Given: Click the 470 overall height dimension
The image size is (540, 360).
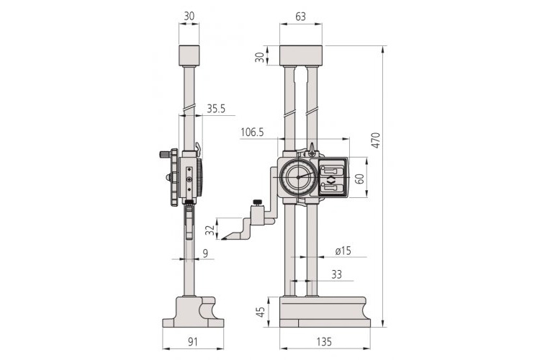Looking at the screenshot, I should click(x=375, y=141).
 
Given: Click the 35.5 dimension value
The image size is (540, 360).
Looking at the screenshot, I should click(x=217, y=109).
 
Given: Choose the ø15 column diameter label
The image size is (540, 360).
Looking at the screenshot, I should click(x=343, y=251).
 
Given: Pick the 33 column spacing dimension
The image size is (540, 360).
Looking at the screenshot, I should click(x=336, y=274).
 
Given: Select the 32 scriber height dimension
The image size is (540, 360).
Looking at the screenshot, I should click(x=210, y=230).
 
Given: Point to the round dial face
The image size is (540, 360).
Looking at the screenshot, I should click(x=297, y=177).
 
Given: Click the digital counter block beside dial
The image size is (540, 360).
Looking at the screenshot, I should click(x=330, y=178).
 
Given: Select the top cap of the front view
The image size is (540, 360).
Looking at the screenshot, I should click(x=300, y=55).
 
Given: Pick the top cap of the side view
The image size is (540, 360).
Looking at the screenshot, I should click(x=189, y=55).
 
